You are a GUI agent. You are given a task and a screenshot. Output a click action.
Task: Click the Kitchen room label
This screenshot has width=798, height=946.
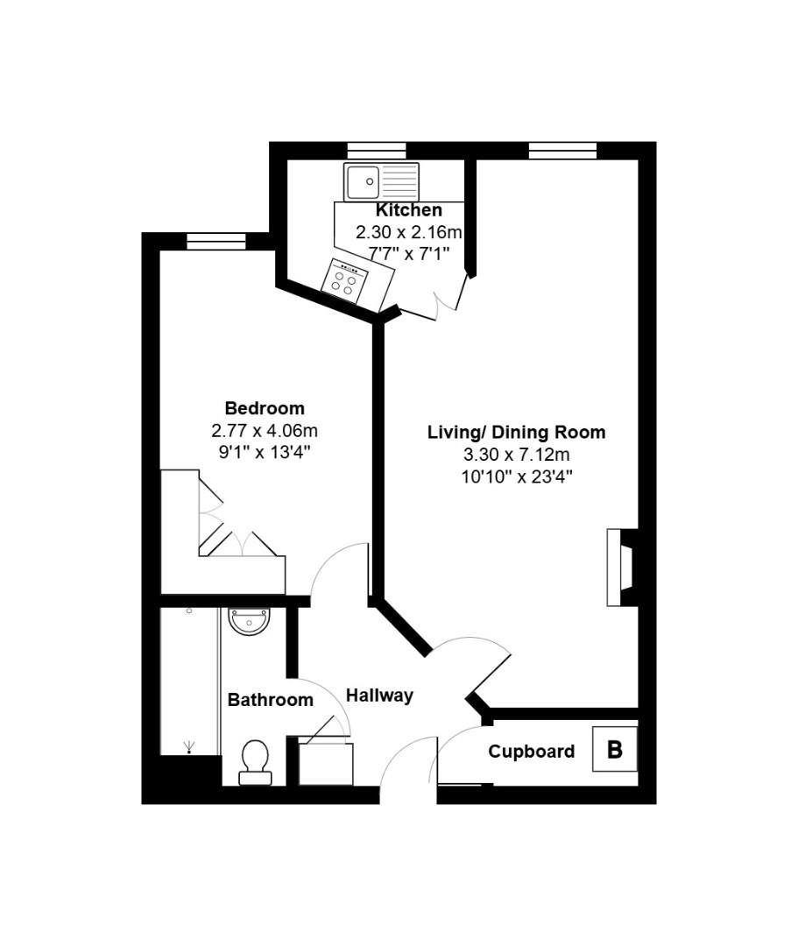(408, 210)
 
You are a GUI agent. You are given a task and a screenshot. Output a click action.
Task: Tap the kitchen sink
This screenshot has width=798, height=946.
(381, 182)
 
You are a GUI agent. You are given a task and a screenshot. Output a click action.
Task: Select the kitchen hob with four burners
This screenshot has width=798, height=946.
(345, 279)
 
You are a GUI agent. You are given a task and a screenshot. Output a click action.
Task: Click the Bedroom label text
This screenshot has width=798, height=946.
(265, 408)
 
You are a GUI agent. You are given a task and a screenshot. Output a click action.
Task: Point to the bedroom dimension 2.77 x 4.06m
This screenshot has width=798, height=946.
(265, 431)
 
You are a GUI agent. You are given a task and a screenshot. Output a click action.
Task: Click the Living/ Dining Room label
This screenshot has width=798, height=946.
(516, 432)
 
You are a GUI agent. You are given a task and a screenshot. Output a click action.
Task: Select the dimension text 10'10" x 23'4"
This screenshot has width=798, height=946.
(516, 477)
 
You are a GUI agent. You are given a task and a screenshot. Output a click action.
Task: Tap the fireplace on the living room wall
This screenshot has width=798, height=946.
(623, 568)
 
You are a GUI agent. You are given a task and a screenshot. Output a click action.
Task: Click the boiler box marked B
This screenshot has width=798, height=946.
(614, 750)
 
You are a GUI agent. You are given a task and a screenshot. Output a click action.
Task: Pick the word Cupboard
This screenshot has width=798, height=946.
(532, 752)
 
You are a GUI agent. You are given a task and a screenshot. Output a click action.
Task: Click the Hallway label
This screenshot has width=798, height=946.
(379, 695)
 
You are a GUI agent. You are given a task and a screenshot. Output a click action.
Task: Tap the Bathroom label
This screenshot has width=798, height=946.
(270, 700)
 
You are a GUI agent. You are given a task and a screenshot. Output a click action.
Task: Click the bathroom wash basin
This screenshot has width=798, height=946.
(251, 621)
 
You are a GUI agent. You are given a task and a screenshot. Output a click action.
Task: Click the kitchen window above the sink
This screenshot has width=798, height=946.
(376, 151)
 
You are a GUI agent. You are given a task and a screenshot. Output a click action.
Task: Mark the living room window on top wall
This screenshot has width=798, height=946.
(562, 151)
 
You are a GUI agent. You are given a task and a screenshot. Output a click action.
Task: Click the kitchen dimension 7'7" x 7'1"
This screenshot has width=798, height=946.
(408, 255)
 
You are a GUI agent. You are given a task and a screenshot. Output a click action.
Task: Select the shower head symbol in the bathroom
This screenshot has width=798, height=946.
(189, 746)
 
